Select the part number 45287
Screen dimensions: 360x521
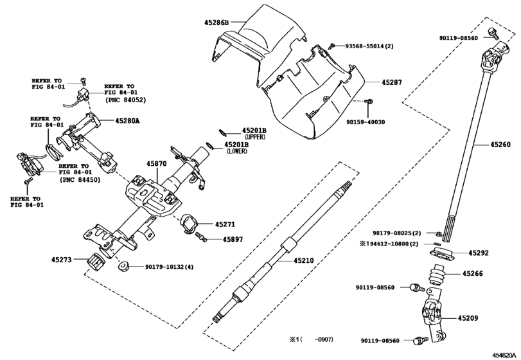point(392,83)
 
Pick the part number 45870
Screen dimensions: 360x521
point(157,164)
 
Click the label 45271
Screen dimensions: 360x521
point(225,224)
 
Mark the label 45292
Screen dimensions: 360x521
point(479,253)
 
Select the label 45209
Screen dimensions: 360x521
point(468,318)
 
